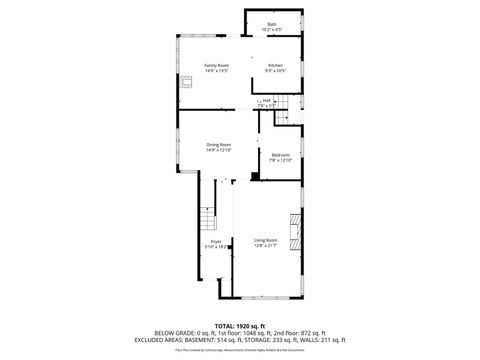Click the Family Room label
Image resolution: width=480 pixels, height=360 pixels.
click(x=217, y=65)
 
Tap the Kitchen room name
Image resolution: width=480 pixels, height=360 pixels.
click(x=275, y=65)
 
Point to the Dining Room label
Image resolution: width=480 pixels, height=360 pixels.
click(x=219, y=145)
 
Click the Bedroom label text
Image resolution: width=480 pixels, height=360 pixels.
click(x=280, y=155)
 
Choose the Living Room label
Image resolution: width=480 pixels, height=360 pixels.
click(x=265, y=240)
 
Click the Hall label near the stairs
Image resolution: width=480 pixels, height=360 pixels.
click(x=268, y=100)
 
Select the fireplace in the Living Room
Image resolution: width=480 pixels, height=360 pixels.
click(x=294, y=231)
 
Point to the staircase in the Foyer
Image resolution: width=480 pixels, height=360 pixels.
click(x=207, y=220)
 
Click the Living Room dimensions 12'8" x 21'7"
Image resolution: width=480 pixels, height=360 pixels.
click(x=265, y=246)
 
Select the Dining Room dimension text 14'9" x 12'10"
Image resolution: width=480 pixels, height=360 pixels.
click(x=219, y=151)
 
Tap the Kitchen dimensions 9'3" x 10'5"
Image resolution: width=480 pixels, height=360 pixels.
click(x=275, y=71)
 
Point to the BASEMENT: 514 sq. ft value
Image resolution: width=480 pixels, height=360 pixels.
click(x=219, y=339)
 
